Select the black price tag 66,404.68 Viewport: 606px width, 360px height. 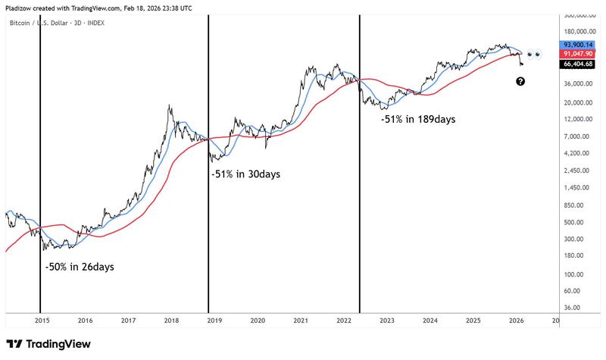pyautogui.click(x=579, y=64)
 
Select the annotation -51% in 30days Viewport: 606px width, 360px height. pyautogui.click(x=245, y=174)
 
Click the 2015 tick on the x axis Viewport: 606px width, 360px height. pyautogui.click(x=42, y=321)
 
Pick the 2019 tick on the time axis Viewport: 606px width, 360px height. pyautogui.click(x=214, y=321)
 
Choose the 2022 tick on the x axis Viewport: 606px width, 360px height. pyautogui.click(x=344, y=321)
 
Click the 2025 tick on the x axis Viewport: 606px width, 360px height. pyautogui.click(x=473, y=321)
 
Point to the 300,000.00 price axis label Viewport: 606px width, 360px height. pyautogui.click(x=577, y=15)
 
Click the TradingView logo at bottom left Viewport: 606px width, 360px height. pyautogui.click(x=48, y=344)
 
